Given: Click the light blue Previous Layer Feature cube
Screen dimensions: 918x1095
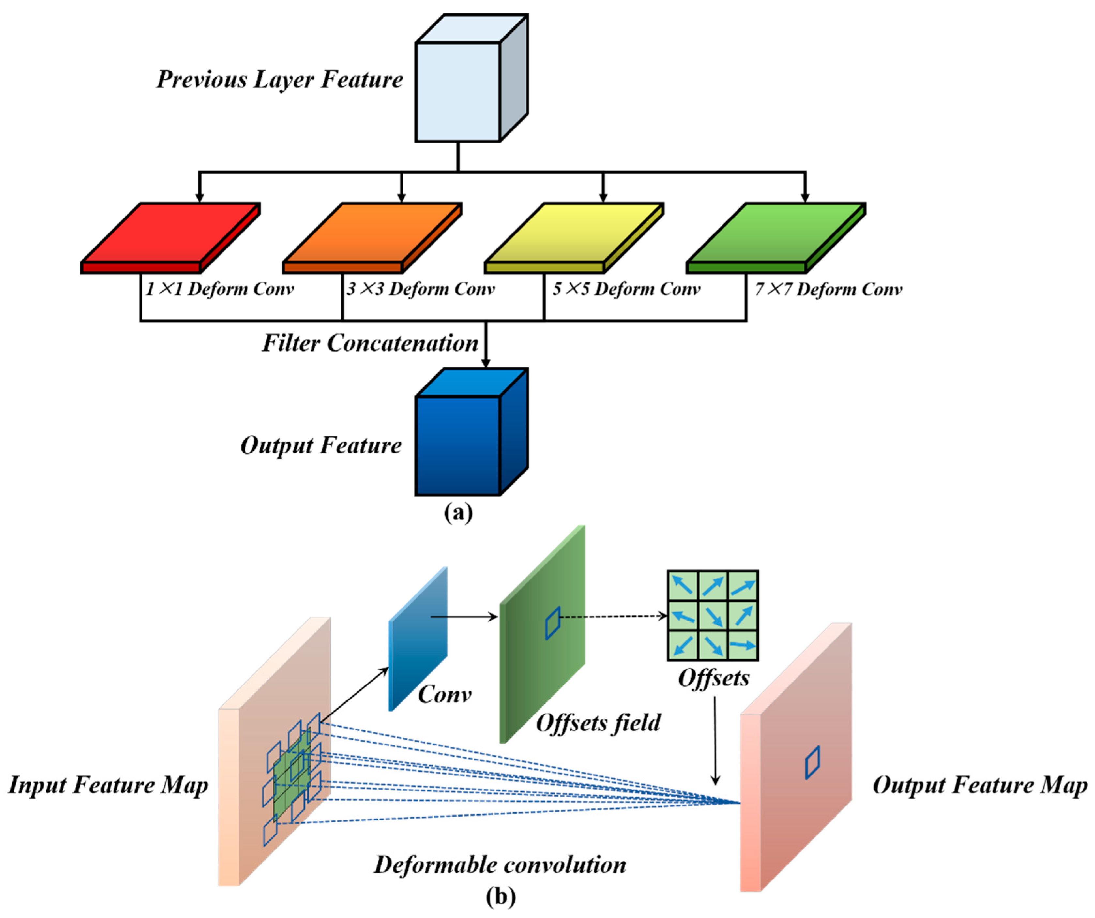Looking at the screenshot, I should tap(459, 91).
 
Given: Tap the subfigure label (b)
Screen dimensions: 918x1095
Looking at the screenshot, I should tap(501, 896).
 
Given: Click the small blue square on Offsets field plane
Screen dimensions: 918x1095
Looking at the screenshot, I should tap(553, 623).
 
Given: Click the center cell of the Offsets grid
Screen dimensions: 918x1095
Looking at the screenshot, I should tap(712, 616).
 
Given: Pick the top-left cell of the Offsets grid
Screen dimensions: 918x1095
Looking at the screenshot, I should tap(683, 585).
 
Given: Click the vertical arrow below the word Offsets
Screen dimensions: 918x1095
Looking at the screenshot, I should tap(715, 740).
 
